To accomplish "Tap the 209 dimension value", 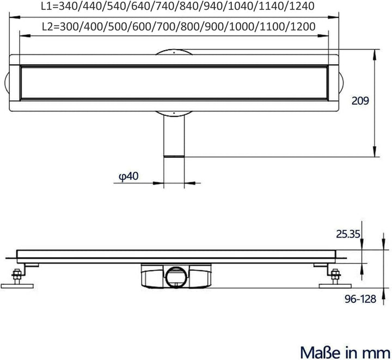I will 360,101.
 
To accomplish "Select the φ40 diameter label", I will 128,175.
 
